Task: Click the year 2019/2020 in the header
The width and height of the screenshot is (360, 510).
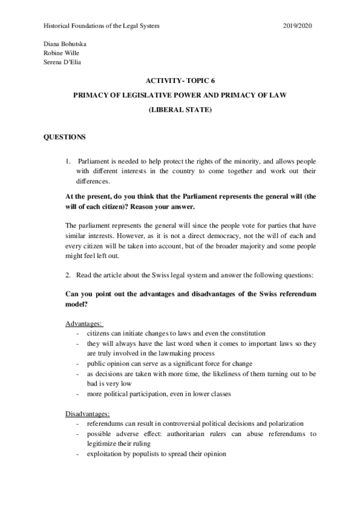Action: coord(298,26)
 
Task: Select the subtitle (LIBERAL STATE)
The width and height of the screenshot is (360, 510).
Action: coord(180,111)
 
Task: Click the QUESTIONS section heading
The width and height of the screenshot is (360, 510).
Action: coord(65,137)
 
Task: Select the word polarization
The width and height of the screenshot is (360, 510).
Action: coord(285,423)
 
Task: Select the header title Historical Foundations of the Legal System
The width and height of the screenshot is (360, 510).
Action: coord(102,26)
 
